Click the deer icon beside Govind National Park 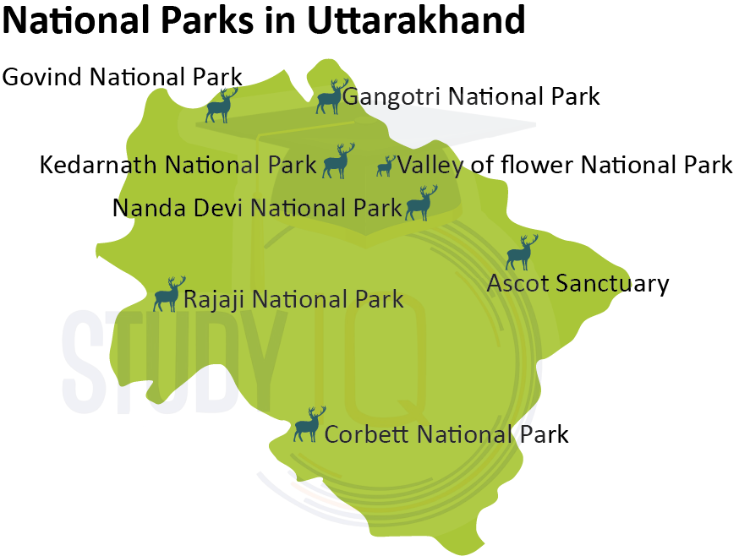pyautogui.click(x=222, y=106)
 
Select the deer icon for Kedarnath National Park pyautogui.click(x=338, y=161)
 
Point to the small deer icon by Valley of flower pyautogui.click(x=386, y=166)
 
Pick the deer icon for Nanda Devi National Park pyautogui.click(x=421, y=204)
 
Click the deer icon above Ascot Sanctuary pyautogui.click(x=521, y=253)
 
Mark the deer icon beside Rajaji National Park pyautogui.click(x=169, y=294)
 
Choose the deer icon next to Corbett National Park pyautogui.click(x=309, y=424)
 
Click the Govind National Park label pyautogui.click(x=123, y=77)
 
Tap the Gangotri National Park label pyautogui.click(x=471, y=96)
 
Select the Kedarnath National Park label pyautogui.click(x=178, y=165)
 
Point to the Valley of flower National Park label pyautogui.click(x=565, y=165)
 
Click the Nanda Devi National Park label pyautogui.click(x=257, y=207)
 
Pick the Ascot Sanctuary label pyautogui.click(x=578, y=283)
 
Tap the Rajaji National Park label pyautogui.click(x=293, y=299)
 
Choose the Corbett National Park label pyautogui.click(x=446, y=434)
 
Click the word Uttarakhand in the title pyautogui.click(x=416, y=20)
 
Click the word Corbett pyautogui.click(x=368, y=434)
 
